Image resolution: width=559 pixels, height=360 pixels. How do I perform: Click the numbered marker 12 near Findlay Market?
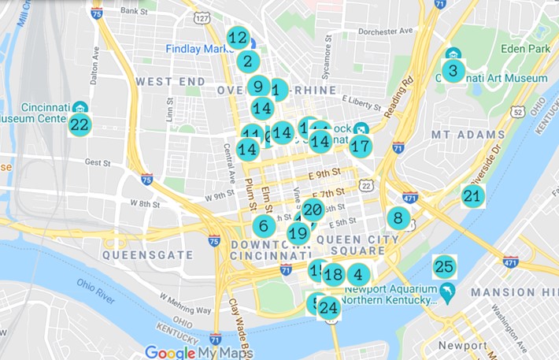tap(238, 37)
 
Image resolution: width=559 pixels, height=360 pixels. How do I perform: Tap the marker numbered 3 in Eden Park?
tap(452, 71)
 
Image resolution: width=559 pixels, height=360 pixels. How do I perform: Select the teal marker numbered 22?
tap(80, 124)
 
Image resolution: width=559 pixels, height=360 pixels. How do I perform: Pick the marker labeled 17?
tap(361, 146)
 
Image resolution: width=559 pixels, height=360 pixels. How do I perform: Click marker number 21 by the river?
tap(472, 196)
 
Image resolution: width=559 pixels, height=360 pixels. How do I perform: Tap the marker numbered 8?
tap(398, 218)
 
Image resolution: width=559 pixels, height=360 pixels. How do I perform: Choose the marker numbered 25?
tap(444, 267)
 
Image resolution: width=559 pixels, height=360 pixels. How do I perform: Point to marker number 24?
tap(328, 307)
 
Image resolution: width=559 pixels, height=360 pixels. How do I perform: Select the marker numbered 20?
tap(313, 210)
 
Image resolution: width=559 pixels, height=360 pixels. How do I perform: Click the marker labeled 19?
tap(298, 233)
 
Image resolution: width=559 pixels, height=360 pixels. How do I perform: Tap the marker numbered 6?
tap(264, 226)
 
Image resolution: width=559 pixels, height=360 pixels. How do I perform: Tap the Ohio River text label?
tap(95, 290)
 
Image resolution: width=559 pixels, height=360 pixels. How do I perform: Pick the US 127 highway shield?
tap(203, 17)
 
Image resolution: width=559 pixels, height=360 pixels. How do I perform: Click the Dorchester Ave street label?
tap(386, 32)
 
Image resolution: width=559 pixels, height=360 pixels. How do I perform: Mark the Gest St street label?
tap(98, 162)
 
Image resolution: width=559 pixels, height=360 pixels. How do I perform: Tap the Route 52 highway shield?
tap(517, 112)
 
